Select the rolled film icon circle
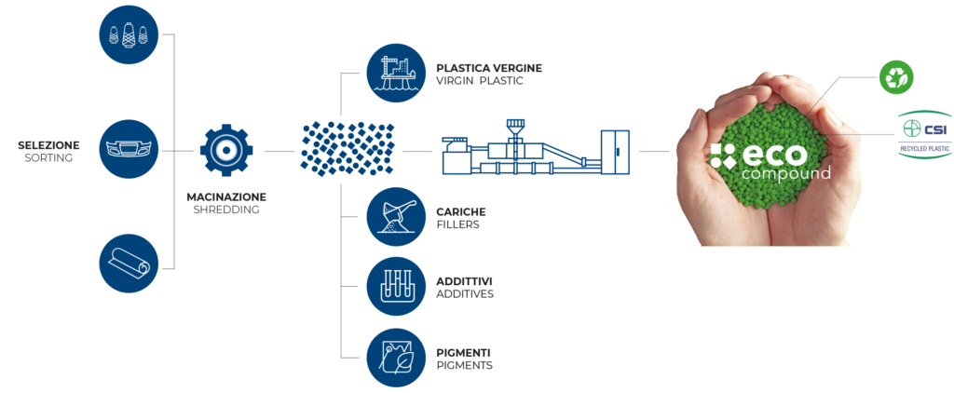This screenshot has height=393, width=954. pyautogui.click(x=129, y=264)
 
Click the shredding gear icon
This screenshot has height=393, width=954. pyautogui.click(x=226, y=149)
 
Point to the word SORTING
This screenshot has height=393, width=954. pyautogui.click(x=48, y=158)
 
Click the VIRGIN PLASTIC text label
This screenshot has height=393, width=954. pyautogui.click(x=480, y=81)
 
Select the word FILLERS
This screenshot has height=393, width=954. pyautogui.click(x=457, y=224)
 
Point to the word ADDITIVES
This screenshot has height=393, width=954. pyautogui.click(x=465, y=294)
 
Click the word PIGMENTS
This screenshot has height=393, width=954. pyautogui.click(x=464, y=365)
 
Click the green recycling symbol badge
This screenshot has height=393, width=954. pyautogui.click(x=897, y=77)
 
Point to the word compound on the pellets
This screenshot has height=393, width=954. pyautogui.click(x=786, y=174)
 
